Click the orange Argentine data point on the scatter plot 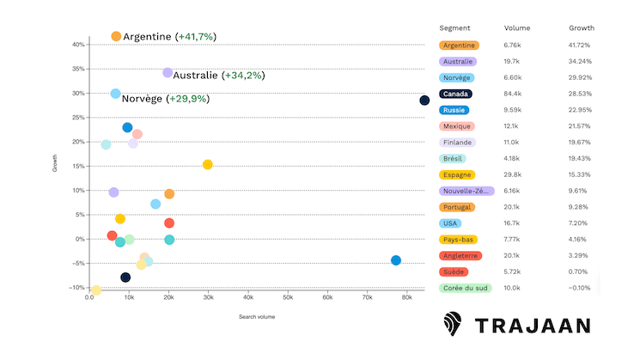116,36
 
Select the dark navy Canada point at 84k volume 424,101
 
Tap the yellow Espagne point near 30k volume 207,164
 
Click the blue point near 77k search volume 395,260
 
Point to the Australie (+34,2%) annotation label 218,76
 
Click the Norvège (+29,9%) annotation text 165,99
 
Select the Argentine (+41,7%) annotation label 169,37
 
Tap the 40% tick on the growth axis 77,45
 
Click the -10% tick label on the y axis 76,288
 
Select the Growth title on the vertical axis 55,163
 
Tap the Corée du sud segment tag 464,288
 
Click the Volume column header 516,27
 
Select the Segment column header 454,27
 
